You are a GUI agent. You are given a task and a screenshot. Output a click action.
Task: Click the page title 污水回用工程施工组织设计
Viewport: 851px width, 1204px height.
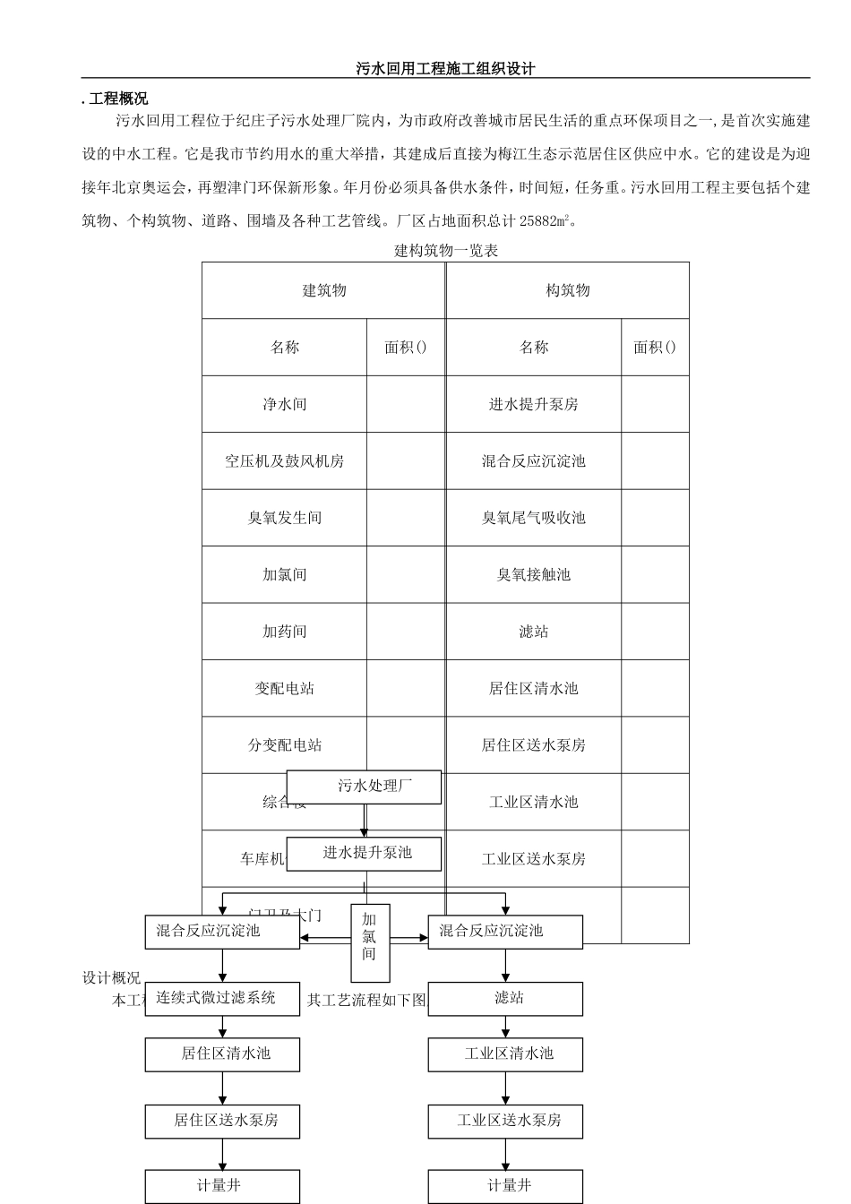445,69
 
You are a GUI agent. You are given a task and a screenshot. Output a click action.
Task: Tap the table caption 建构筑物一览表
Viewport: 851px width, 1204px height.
446,251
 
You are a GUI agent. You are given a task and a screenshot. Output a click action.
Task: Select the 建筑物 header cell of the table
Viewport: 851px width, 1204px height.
323,290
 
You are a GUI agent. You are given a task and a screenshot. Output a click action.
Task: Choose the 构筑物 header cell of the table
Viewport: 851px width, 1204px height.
568,290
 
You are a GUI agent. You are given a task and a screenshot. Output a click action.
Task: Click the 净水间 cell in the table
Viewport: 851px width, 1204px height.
285,404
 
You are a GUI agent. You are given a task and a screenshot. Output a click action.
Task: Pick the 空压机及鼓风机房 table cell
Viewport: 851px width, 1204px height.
285,461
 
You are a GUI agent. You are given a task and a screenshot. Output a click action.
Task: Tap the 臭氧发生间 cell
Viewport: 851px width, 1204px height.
285,518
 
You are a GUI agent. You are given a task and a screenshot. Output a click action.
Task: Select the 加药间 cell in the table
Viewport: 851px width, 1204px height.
285,632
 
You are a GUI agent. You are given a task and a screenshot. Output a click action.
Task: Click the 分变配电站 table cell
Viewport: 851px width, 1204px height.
285,745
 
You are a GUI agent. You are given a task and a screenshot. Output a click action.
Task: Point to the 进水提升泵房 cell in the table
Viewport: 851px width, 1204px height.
534,404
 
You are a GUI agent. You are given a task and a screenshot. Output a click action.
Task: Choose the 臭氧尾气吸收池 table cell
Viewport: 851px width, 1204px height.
534,518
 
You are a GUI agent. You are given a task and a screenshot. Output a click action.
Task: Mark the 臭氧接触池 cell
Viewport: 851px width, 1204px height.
534,574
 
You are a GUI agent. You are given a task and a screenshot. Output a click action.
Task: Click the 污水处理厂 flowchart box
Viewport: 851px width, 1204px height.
364,787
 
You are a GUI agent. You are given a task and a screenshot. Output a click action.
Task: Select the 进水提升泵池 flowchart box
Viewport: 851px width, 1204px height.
364,854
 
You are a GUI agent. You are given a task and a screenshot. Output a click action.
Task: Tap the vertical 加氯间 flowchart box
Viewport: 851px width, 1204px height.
370,937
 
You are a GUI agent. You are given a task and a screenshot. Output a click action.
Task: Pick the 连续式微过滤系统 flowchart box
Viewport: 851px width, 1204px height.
222,999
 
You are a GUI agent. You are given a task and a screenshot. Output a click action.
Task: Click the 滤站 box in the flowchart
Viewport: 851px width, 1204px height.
505,999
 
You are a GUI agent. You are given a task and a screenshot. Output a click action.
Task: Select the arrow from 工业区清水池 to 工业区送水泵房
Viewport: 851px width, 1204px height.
505,1088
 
